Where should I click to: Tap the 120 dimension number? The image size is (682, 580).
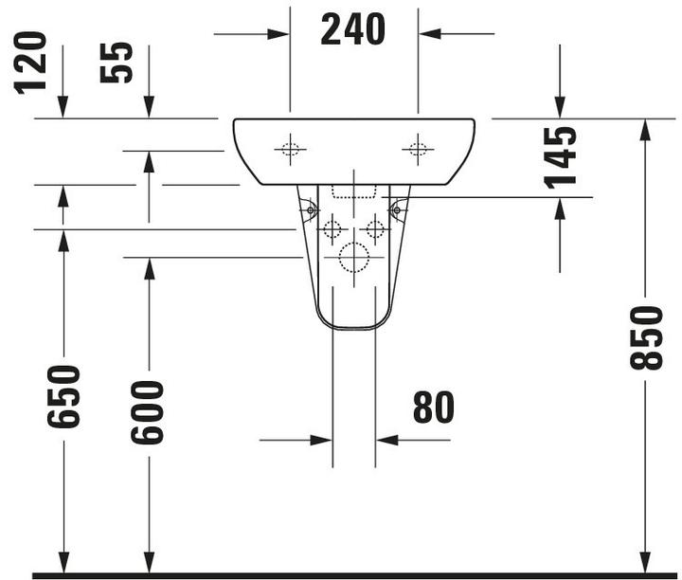[31, 62]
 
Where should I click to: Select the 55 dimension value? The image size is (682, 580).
[117, 62]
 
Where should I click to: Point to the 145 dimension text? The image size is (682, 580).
[561, 156]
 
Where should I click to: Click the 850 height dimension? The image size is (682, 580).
[647, 336]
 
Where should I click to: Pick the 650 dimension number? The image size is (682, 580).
[64, 395]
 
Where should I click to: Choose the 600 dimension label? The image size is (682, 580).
[148, 411]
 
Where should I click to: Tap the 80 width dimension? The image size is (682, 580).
[433, 408]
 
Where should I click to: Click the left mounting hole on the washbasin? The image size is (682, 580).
[290, 148]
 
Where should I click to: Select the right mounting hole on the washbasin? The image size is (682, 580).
[416, 148]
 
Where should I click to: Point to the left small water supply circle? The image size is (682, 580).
[332, 228]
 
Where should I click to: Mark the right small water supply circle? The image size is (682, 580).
[375, 228]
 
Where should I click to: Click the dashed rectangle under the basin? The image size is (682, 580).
[353, 190]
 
